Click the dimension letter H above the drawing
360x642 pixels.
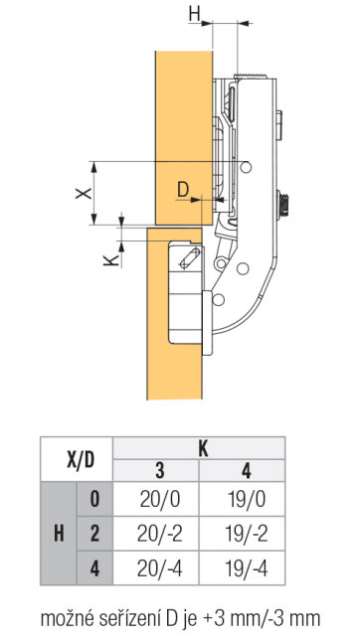click(194, 15)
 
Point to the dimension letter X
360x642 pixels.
click(84, 193)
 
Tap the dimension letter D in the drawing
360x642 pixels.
click(183, 190)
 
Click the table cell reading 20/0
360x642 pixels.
click(160, 500)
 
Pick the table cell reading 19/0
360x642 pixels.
click(246, 500)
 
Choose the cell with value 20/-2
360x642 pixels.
click(160, 534)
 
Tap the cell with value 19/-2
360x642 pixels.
click(246, 534)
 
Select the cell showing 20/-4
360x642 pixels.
click(160, 568)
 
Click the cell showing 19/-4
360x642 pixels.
click(246, 568)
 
